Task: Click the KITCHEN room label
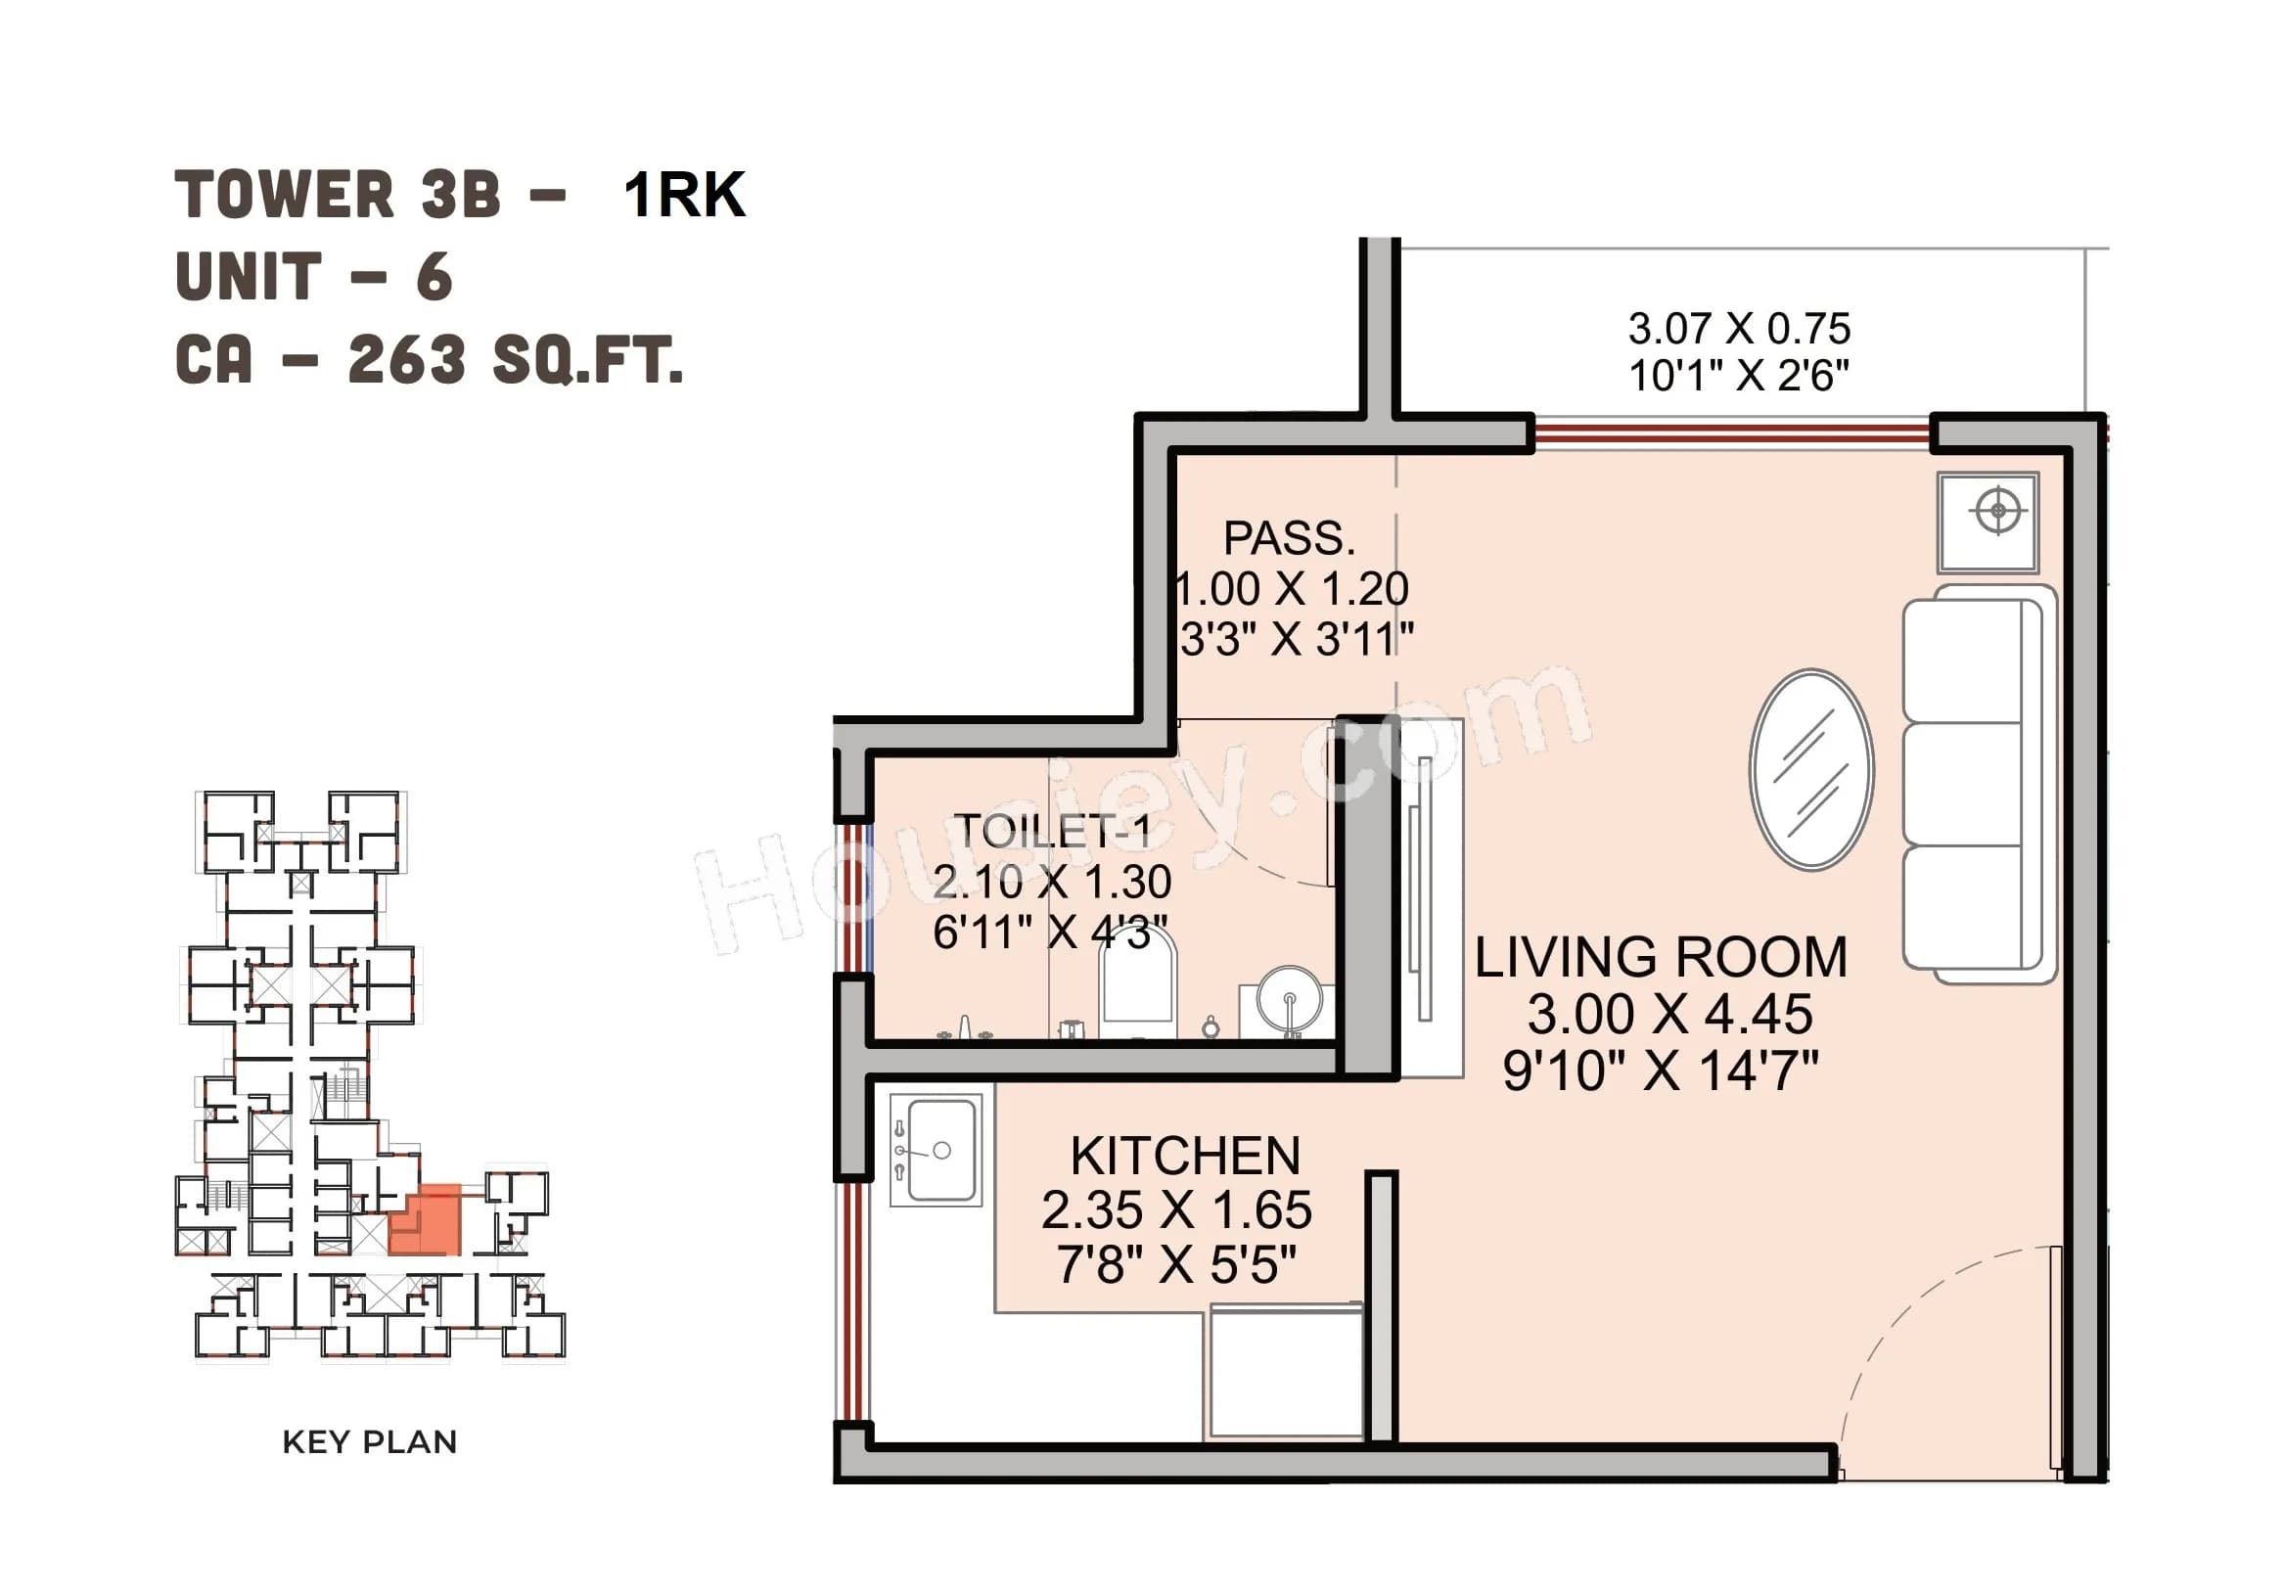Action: click(1185, 1157)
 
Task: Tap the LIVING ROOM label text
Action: click(1661, 957)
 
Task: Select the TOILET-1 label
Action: click(1053, 831)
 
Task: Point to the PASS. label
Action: click(1289, 538)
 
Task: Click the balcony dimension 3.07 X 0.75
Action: click(1739, 329)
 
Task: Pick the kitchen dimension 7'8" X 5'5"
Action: click(1176, 1265)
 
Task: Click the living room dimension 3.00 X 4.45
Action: click(1669, 1015)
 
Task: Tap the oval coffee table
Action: click(1811, 769)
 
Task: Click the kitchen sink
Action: click(940, 1150)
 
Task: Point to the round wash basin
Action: click(1289, 998)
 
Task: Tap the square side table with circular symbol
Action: click(1987, 523)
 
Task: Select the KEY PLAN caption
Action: click(369, 1441)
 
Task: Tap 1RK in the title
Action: click(684, 195)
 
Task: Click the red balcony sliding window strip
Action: click(1732, 433)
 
